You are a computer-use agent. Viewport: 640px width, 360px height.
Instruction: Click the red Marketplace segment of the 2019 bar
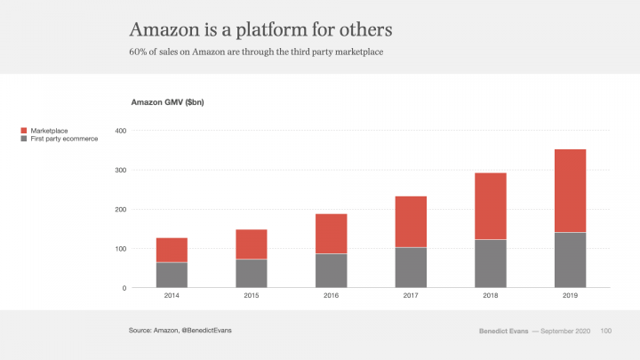tap(571, 190)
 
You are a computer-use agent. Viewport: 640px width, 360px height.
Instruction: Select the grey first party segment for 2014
tap(172, 275)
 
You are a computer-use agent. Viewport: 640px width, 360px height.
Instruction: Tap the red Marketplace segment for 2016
tap(332, 233)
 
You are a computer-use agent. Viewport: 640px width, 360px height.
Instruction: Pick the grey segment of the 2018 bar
tap(491, 263)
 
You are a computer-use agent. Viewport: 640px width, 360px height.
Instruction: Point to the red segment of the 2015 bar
tap(252, 244)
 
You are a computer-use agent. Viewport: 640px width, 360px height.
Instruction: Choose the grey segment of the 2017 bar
tap(411, 267)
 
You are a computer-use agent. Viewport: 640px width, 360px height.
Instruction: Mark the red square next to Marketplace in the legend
tap(24, 131)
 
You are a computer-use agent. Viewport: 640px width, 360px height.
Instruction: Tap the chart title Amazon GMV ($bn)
tap(168, 103)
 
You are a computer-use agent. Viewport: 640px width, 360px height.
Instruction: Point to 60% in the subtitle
tap(139, 53)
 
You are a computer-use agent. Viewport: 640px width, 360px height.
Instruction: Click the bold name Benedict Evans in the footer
tap(502, 331)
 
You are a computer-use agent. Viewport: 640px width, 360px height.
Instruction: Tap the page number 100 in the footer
tap(606, 331)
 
